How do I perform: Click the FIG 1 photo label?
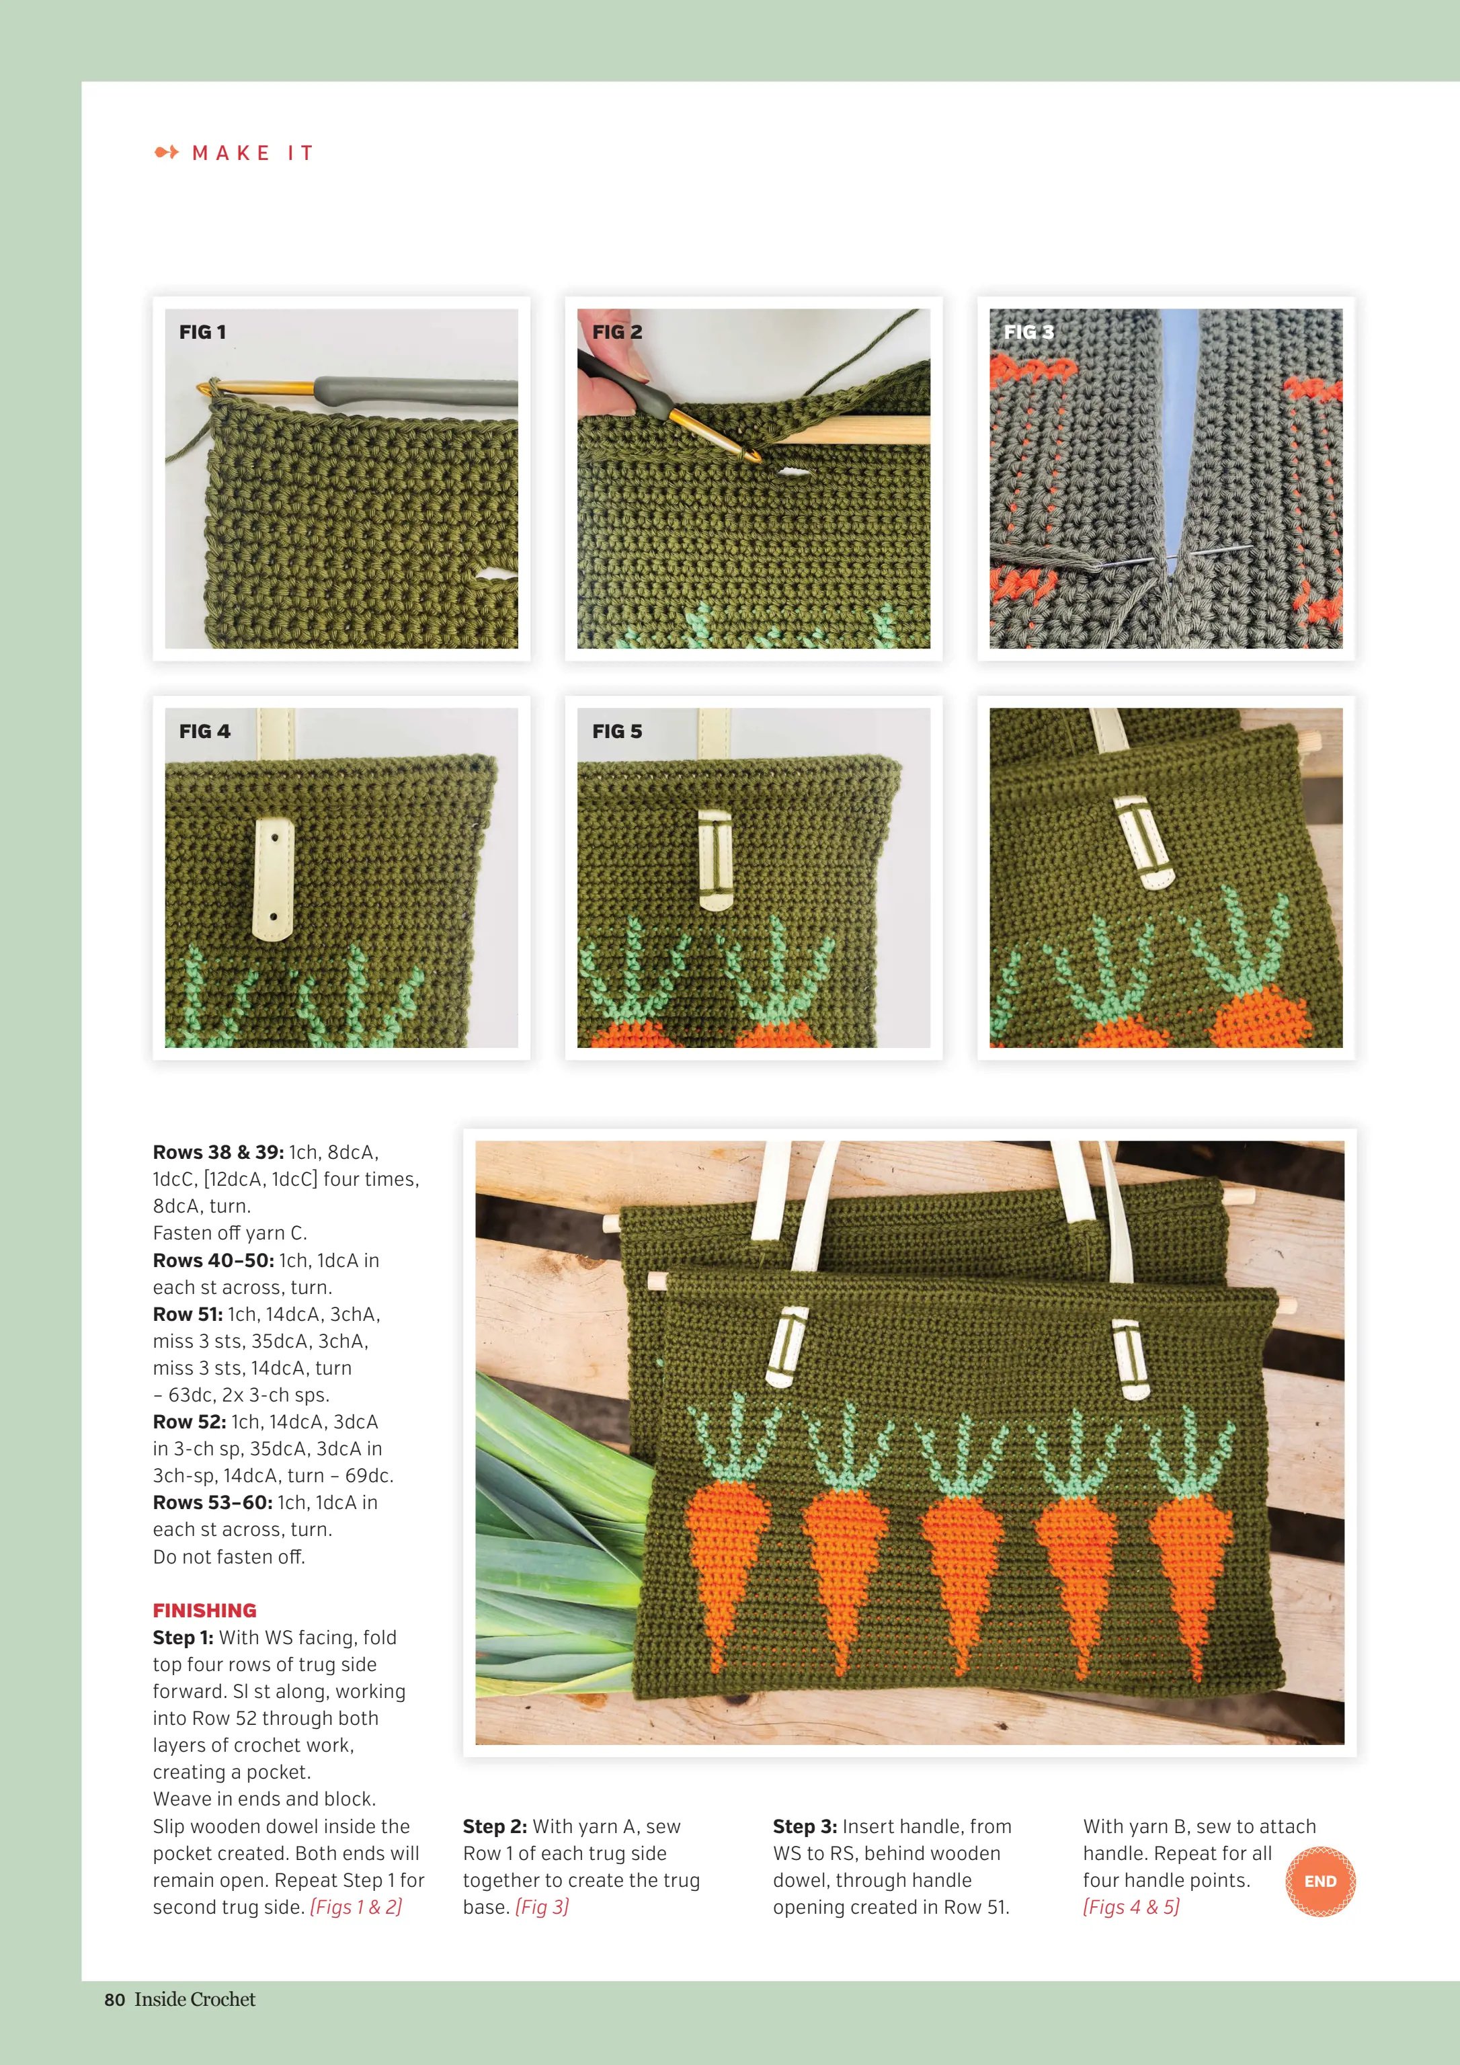202,332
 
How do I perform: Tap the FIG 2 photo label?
617,332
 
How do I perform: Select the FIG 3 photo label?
1028,332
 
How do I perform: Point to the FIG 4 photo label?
204,731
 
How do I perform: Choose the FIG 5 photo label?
617,731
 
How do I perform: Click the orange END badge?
1320,1881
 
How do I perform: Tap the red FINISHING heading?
204,1610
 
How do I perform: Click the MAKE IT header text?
253,153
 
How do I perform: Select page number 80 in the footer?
114,1998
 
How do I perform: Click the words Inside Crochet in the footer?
195,1998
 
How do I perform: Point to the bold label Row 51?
188,1314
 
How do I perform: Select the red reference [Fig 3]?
542,1907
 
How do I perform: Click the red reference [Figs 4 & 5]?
1131,1907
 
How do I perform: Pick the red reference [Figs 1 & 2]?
356,1907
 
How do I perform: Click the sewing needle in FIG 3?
1170,557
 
